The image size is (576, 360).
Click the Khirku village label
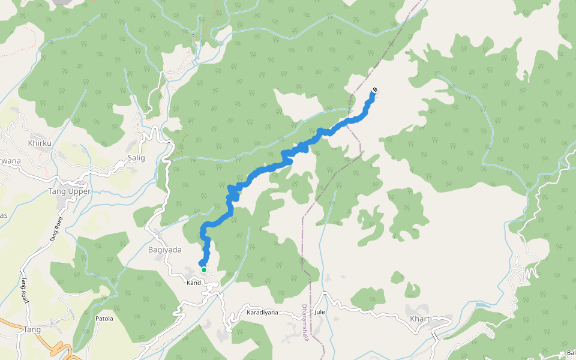coord(40,143)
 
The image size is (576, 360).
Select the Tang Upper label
coord(69,191)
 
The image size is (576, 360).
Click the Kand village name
coord(193,282)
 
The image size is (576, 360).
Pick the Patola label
coord(104,319)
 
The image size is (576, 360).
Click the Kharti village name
coord(420,319)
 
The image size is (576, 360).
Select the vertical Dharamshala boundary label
coord(305,322)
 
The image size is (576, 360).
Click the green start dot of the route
coord(204,270)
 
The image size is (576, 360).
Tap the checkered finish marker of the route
coord(375,90)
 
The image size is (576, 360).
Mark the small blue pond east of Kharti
coord(481,305)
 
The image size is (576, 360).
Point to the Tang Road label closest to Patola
coord(25,291)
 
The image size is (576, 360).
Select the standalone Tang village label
coord(32,330)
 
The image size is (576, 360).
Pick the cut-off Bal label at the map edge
coord(571,352)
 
